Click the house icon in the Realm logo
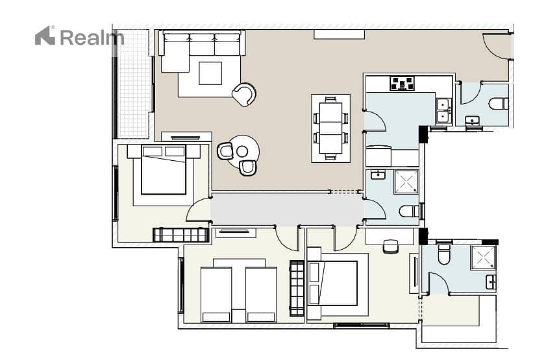tap(45, 36)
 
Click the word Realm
tap(92, 38)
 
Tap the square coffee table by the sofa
tap(210, 73)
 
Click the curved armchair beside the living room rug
tap(244, 95)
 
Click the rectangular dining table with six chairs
tap(330, 128)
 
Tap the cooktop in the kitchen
tap(403, 83)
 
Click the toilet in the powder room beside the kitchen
tap(499, 104)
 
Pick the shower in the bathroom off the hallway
tap(406, 182)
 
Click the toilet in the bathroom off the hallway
tap(410, 211)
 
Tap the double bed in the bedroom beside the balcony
tap(164, 170)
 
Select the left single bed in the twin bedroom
tap(216, 294)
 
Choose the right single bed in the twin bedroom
tap(261, 294)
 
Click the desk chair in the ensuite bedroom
tap(390, 246)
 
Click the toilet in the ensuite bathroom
tap(444, 254)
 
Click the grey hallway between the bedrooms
tap(287, 210)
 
